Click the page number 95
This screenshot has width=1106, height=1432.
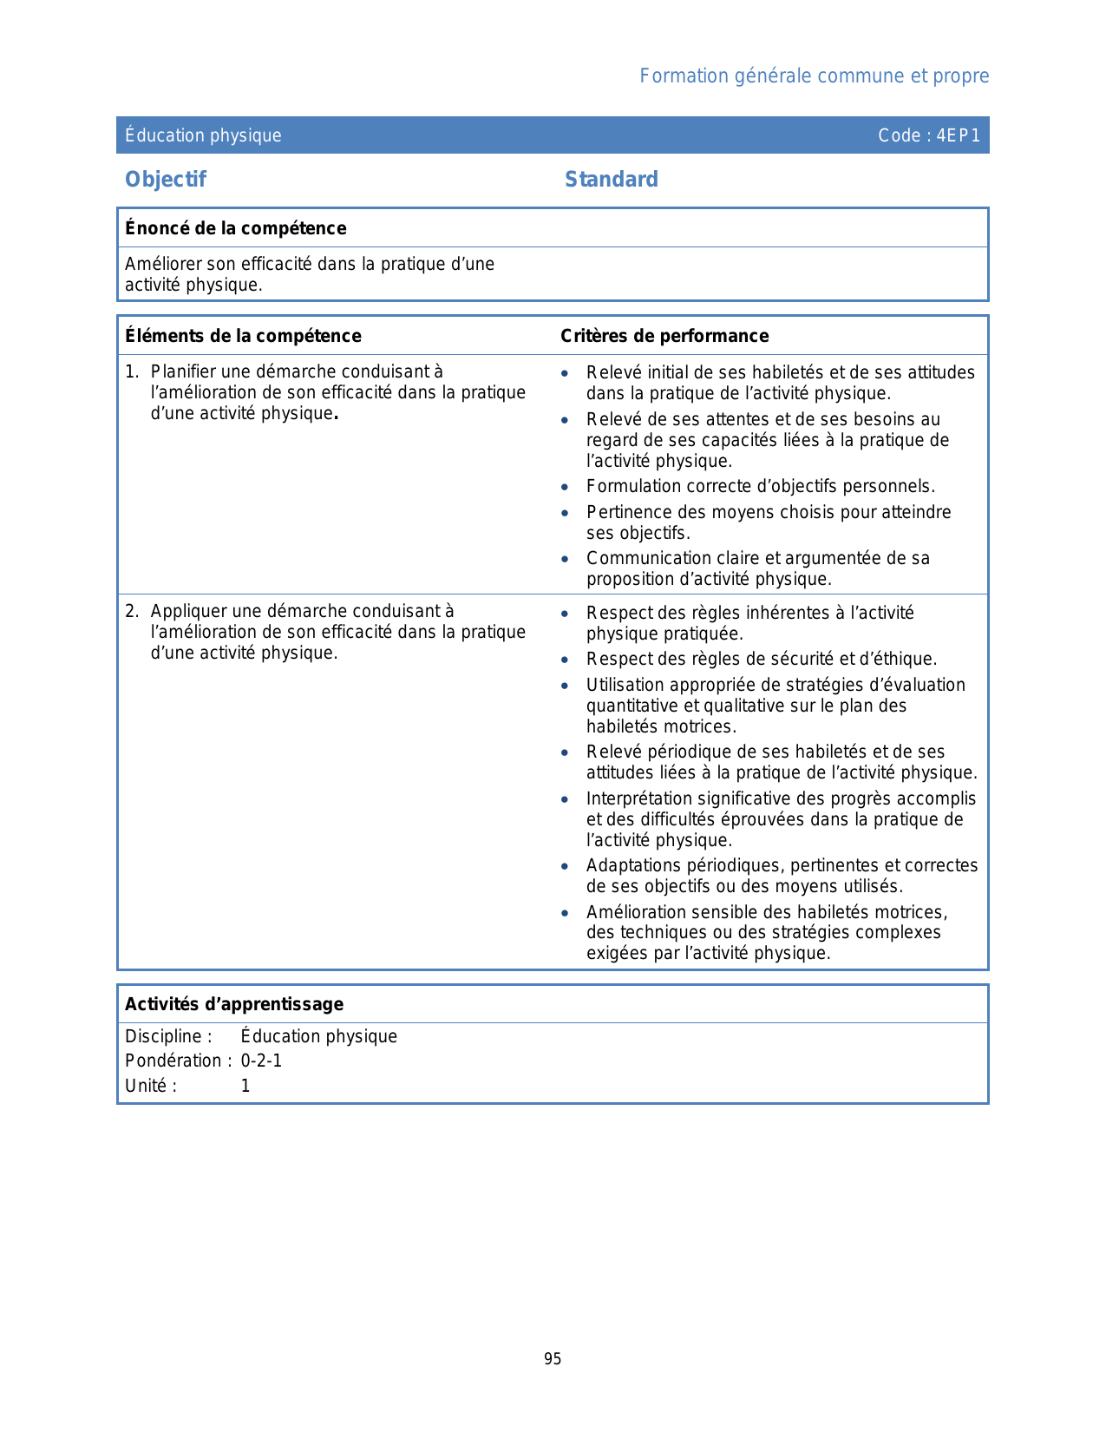pos(553,1359)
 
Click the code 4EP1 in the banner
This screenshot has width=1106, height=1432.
pos(958,135)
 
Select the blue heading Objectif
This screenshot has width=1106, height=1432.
pos(166,180)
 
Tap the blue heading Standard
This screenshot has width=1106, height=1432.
pos(612,180)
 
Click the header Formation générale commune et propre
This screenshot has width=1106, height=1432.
pos(814,76)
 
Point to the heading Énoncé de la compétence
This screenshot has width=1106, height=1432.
pos(236,228)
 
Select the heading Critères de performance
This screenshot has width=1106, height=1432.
pos(664,336)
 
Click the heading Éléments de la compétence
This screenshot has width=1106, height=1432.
pos(243,336)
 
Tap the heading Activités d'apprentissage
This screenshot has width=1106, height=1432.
pos(234,1004)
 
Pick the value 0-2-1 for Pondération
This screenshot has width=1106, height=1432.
pos(261,1061)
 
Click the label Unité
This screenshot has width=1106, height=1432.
pos(150,1086)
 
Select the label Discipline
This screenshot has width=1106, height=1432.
pos(168,1036)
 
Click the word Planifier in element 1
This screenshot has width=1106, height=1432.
pos(182,372)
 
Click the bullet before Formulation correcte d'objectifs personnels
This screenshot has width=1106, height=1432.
pos(565,488)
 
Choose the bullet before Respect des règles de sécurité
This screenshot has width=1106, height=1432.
pos(565,660)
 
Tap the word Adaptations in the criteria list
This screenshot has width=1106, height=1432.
pos(633,866)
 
